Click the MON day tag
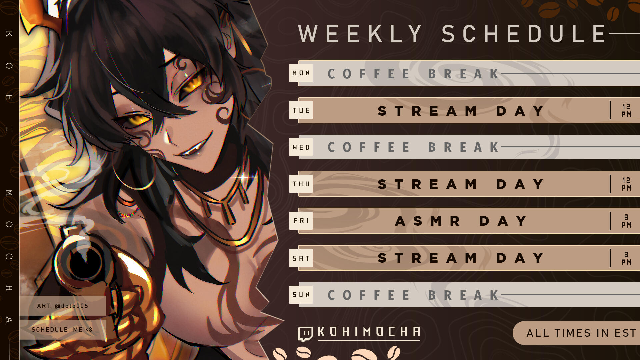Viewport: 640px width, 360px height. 301,73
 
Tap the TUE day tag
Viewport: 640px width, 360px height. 301,110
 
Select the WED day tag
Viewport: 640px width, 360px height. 301,147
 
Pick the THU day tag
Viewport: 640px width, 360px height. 301,184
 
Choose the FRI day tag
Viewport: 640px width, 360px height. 301,221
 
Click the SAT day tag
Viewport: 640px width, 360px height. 301,258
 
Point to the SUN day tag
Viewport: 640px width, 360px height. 301,295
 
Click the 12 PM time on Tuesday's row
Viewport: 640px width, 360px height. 626,110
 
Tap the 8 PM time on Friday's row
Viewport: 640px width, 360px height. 626,221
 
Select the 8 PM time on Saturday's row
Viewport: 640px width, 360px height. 626,258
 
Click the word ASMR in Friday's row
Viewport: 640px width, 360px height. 428,221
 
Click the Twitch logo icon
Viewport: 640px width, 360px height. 305,334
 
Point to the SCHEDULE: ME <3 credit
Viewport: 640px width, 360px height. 62,330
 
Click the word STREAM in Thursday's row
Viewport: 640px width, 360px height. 428,184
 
